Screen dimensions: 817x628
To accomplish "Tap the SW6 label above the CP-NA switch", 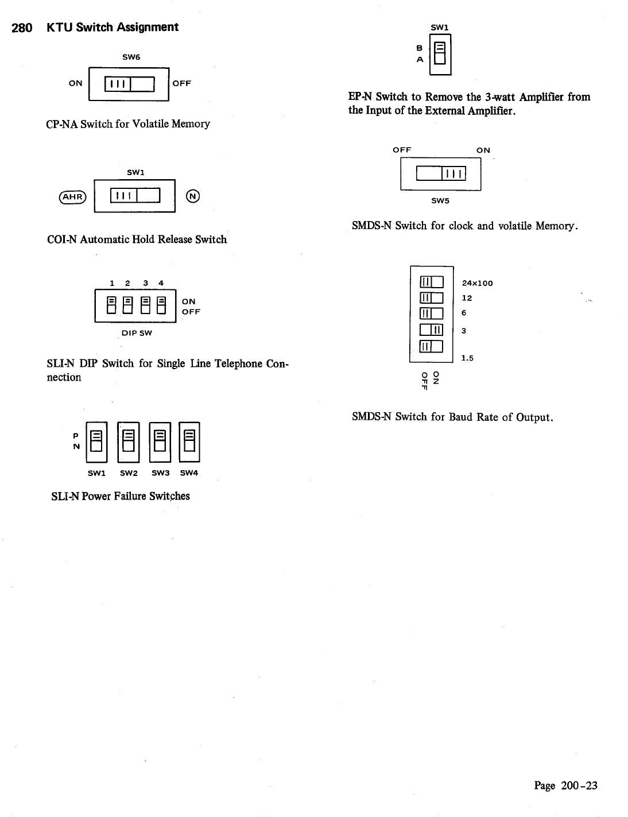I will tap(131, 57).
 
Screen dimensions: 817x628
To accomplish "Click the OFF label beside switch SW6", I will tap(181, 83).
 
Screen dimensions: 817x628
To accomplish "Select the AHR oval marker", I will tap(72, 196).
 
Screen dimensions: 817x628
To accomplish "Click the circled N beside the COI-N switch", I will tap(193, 196).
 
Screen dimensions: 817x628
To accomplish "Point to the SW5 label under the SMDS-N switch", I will tap(440, 201).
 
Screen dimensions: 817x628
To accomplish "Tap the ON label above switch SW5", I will tap(483, 150).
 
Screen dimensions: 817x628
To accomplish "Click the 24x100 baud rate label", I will tap(477, 283).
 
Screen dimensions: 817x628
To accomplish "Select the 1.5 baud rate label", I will tap(468, 358).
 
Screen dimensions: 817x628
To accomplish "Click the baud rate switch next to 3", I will tap(432, 330).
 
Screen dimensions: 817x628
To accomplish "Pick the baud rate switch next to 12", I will tap(432, 297).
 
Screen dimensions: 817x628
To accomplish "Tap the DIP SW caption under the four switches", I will tap(137, 333).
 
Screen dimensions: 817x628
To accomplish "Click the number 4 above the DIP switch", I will tap(161, 283).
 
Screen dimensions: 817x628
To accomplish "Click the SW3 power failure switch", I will tap(160, 441).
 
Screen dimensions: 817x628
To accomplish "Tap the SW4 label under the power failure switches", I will tap(189, 473).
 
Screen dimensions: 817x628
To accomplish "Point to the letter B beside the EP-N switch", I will tap(420, 48).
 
